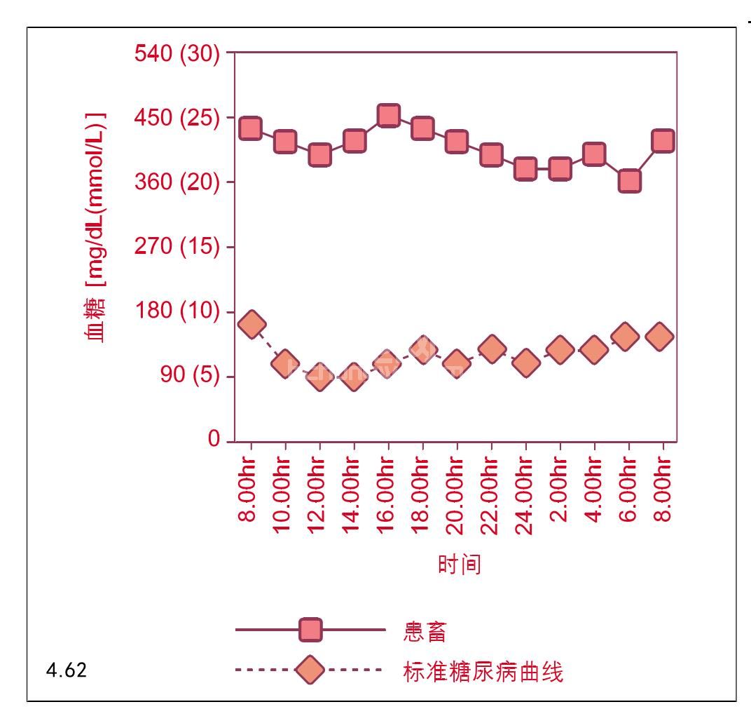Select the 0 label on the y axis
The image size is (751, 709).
pyautogui.click(x=213, y=440)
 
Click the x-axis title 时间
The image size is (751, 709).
pyautogui.click(x=460, y=564)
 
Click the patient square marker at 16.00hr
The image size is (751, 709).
pyautogui.click(x=388, y=115)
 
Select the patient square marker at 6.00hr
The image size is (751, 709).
pyautogui.click(x=628, y=181)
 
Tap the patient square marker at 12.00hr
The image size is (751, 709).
pyautogui.click(x=319, y=154)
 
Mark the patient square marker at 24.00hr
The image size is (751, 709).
pyautogui.click(x=525, y=168)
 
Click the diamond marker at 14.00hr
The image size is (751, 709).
pyautogui.click(x=354, y=377)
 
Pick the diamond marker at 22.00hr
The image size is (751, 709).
pyautogui.click(x=491, y=349)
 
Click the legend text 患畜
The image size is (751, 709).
pyautogui.click(x=425, y=631)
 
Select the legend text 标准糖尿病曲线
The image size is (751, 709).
pyautogui.click(x=483, y=672)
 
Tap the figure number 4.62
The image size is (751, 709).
pyautogui.click(x=67, y=670)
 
